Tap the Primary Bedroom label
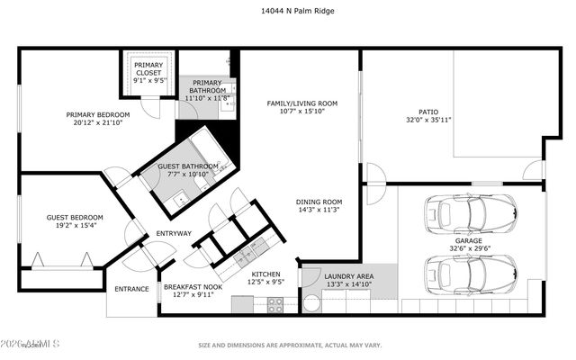pyautogui.click(x=98, y=114)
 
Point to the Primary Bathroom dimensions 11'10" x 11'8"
pyautogui.click(x=206, y=97)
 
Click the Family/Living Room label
pyautogui.click(x=301, y=103)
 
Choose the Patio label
pyautogui.click(x=415, y=112)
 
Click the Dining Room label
pyautogui.click(x=319, y=202)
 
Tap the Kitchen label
pyautogui.click(x=267, y=274)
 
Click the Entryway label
pyautogui.click(x=174, y=234)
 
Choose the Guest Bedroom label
pyautogui.click(x=75, y=217)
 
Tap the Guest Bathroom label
pyautogui.click(x=188, y=166)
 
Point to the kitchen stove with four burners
pyautogui.click(x=274, y=304)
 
